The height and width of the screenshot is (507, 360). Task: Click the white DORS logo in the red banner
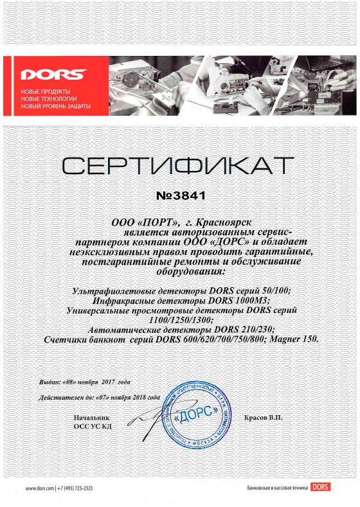tap(44, 73)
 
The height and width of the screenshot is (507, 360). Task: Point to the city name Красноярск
tap(224, 222)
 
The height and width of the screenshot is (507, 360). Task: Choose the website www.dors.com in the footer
tap(40, 489)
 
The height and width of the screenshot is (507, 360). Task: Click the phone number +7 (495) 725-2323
tap(75, 489)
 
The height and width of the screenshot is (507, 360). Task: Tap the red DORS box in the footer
tap(319, 488)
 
